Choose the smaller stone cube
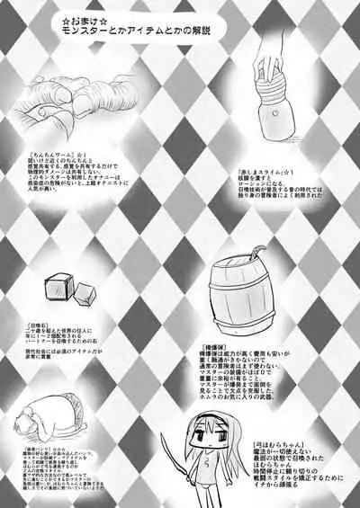coord(85,294)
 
